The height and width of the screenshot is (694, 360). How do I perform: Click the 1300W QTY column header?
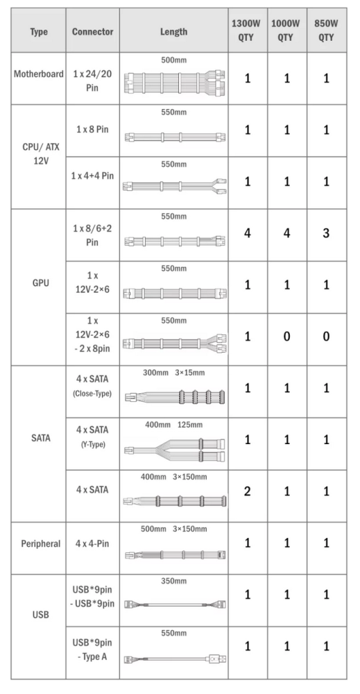(x=246, y=31)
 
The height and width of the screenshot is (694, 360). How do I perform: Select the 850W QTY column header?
(x=326, y=31)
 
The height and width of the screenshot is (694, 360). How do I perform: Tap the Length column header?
(x=174, y=31)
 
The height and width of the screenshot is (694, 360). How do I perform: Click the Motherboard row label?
(x=39, y=74)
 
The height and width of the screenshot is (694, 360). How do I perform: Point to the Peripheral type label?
(x=40, y=543)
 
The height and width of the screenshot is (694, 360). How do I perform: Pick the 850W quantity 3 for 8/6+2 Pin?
(x=326, y=232)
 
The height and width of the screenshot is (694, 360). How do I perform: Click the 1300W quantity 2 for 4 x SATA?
(x=247, y=491)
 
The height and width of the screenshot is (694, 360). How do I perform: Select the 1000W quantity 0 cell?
(x=286, y=337)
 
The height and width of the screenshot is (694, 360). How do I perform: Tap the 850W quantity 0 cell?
(x=326, y=337)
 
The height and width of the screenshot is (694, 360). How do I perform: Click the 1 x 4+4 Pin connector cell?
(x=92, y=176)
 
